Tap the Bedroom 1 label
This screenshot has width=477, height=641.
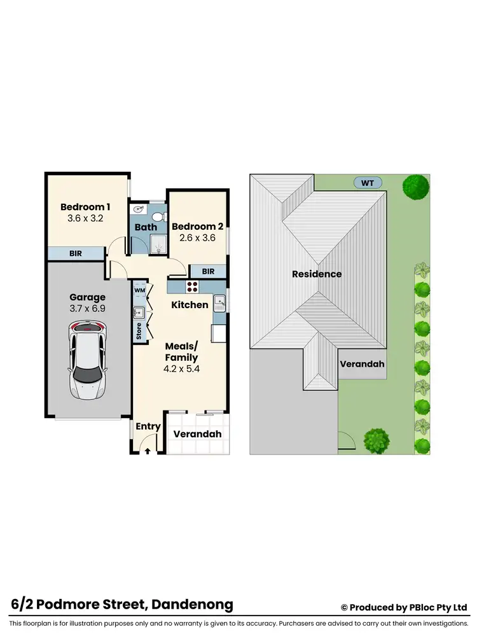[85, 207]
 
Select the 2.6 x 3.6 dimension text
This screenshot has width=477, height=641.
[197, 237]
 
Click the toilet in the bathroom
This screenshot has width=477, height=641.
[157, 216]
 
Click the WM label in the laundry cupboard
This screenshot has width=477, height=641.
[139, 291]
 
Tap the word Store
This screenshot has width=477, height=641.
[139, 332]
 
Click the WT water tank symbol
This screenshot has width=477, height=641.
[368, 183]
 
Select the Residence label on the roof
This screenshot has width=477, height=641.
[317, 274]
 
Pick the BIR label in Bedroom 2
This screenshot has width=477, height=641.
[208, 271]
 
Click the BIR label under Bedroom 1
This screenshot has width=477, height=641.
[75, 253]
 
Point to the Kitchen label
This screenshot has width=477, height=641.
[190, 305]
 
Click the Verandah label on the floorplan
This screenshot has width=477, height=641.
[197, 434]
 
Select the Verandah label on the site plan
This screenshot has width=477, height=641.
[361, 364]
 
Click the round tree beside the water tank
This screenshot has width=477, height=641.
[415, 187]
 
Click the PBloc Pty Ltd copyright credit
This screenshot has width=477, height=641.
[404, 607]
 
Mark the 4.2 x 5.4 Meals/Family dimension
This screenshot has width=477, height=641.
[182, 368]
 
